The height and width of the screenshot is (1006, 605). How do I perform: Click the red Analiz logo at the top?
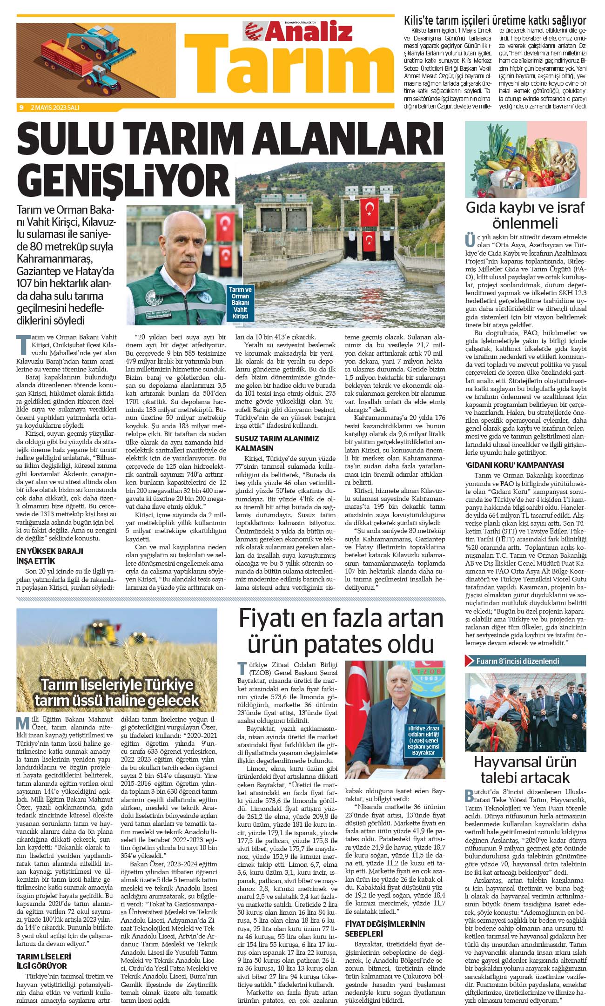[298, 32]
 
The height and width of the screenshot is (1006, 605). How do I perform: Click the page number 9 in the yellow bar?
[21, 108]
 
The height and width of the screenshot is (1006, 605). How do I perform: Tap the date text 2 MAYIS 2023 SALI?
[55, 108]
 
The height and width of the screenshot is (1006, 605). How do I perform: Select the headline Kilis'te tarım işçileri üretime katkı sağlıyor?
[495, 20]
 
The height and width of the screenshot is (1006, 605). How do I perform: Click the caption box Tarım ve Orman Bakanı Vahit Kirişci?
[240, 303]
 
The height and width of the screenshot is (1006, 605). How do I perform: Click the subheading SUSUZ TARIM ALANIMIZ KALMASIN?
[277, 443]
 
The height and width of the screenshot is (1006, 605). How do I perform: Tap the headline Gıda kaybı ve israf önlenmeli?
[525, 215]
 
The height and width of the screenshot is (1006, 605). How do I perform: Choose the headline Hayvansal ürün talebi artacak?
[525, 770]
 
